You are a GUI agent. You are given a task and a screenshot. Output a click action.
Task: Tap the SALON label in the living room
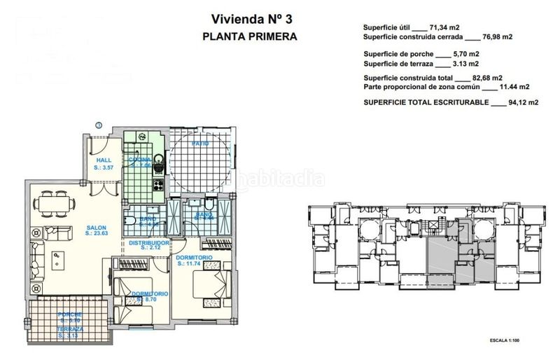tap(97, 227)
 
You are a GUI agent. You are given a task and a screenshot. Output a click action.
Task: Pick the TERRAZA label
tap(70, 328)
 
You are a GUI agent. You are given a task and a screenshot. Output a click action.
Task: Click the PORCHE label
tap(70, 314)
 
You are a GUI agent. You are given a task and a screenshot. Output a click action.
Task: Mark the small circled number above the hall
tap(99, 125)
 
